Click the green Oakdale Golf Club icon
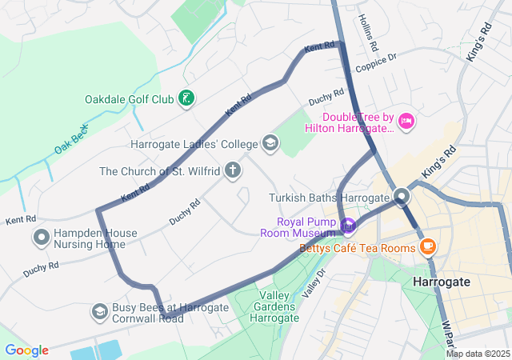(x=186, y=99)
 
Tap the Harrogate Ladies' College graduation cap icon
(x=270, y=144)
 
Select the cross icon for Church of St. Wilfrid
(x=233, y=170)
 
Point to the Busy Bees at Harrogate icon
(x=100, y=311)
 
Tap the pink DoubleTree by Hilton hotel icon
(x=406, y=121)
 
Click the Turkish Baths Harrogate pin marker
(x=402, y=197)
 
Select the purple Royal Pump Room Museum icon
(x=347, y=227)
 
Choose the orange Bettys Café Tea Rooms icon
(x=428, y=246)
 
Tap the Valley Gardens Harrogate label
(x=274, y=306)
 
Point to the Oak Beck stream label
(x=71, y=139)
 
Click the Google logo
(x=26, y=350)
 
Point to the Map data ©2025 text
(x=478, y=354)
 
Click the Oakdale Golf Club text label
(x=129, y=100)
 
